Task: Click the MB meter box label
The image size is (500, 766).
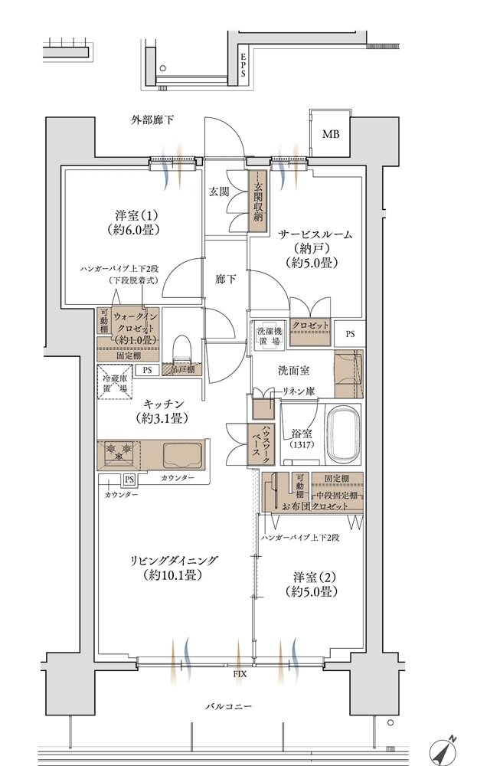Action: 330,136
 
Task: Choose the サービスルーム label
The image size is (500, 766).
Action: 315,235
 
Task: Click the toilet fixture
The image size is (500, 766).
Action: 181,351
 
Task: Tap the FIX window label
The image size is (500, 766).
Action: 239,676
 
